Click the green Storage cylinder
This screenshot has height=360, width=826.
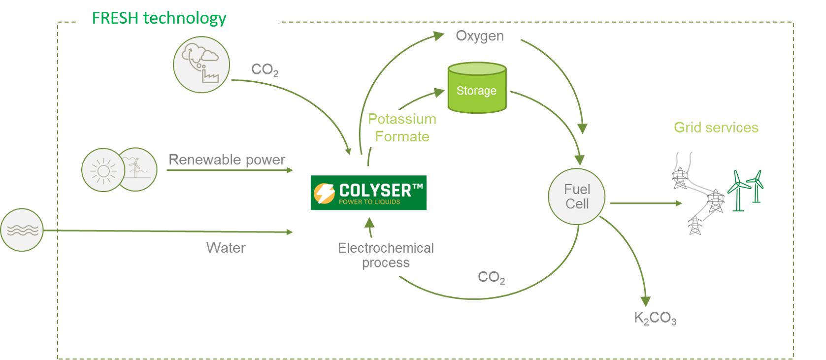tap(476, 89)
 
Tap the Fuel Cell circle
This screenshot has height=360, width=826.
tap(577, 196)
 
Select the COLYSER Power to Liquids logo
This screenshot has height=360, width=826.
tap(368, 193)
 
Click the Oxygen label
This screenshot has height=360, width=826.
tap(479, 36)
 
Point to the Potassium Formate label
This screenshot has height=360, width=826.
tap(402, 128)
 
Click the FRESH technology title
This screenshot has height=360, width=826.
tap(159, 18)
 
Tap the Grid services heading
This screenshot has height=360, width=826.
tap(716, 128)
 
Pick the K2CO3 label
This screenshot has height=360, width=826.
tap(655, 318)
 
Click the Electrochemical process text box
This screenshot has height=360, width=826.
tap(386, 256)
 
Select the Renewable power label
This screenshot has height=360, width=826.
tap(227, 160)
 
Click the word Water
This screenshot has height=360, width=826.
tap(226, 248)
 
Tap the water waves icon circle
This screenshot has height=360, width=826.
tap(22, 230)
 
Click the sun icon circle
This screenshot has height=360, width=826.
tap(103, 170)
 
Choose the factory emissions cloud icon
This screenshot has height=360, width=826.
tap(201, 65)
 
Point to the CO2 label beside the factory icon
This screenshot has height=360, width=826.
tap(264, 70)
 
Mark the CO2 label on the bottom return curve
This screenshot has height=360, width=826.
tap(491, 278)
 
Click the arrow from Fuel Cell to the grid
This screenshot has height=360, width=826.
tap(646, 203)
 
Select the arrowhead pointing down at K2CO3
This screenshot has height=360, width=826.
tap(645, 301)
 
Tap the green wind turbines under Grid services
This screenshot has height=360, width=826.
tap(745, 190)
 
